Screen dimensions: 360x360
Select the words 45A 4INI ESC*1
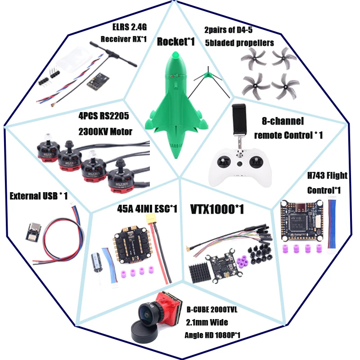[147, 209]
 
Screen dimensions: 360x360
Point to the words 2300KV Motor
[104, 132]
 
